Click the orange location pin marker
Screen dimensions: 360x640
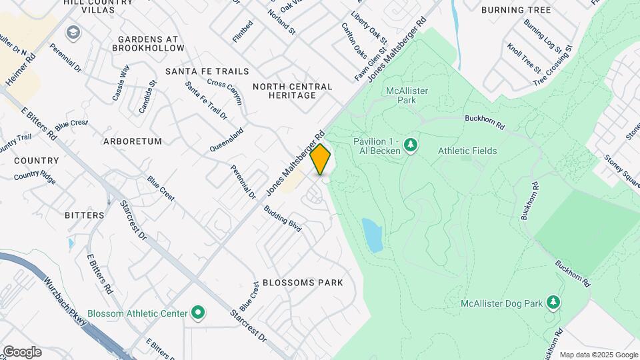[321, 159]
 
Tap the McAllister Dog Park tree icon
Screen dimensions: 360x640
[553, 303]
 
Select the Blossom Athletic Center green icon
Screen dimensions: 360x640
[198, 312]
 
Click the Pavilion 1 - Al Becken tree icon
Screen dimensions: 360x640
[411, 144]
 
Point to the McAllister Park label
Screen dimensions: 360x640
[407, 95]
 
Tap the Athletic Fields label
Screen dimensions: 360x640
[467, 151]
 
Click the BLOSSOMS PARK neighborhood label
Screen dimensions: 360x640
[303, 283]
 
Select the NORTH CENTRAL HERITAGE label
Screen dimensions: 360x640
[293, 91]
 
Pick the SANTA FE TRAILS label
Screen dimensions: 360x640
[207, 71]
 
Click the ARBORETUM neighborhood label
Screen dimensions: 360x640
[133, 141]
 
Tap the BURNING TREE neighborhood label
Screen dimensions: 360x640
[525, 10]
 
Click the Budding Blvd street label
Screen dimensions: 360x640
[283, 218]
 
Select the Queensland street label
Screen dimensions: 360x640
[227, 140]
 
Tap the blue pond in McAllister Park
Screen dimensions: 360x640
[372, 235]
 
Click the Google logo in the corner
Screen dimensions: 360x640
[21, 352]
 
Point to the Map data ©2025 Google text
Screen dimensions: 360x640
[598, 355]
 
